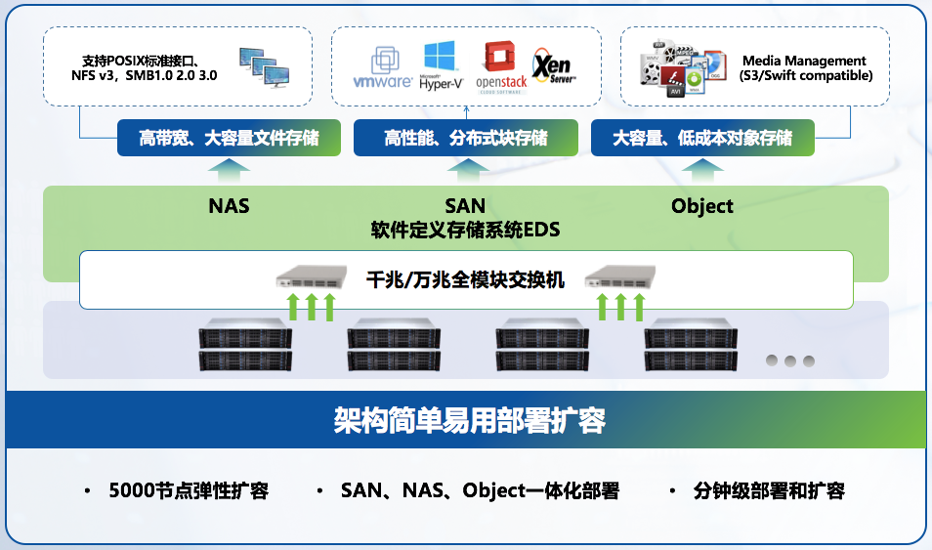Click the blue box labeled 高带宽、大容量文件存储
tap(229, 138)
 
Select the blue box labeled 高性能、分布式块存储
tap(465, 138)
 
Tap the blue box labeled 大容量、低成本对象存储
tap(702, 138)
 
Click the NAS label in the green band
tap(229, 206)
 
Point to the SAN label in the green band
tap(465, 206)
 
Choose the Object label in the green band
tap(702, 206)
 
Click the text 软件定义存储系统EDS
tap(465, 231)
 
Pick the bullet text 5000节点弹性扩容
tap(189, 490)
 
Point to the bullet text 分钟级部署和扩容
tap(769, 490)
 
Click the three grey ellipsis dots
tap(789, 360)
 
